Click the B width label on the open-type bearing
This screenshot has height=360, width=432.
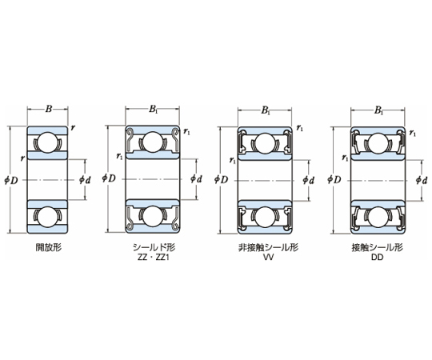[x=49, y=109]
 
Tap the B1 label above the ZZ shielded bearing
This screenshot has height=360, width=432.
[x=154, y=110]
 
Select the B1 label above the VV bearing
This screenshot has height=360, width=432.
[x=266, y=110]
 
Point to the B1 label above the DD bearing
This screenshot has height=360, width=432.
[x=379, y=110]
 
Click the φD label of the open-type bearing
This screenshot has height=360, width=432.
[x=11, y=181]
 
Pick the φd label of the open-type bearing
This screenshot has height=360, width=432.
[x=85, y=180]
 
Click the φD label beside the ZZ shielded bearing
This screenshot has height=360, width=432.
[x=109, y=178]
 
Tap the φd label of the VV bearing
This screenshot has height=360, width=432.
[x=309, y=181]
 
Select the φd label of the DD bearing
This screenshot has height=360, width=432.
[x=422, y=181]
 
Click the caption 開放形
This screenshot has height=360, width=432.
[x=49, y=248]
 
